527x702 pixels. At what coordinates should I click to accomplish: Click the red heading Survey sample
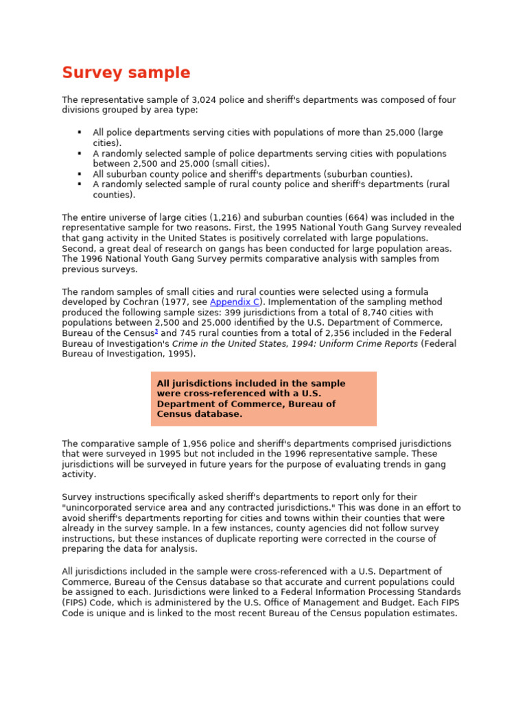coord(126,73)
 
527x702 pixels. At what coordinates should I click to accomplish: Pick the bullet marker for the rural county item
coord(80,184)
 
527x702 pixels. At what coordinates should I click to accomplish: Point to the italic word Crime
coord(185,343)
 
